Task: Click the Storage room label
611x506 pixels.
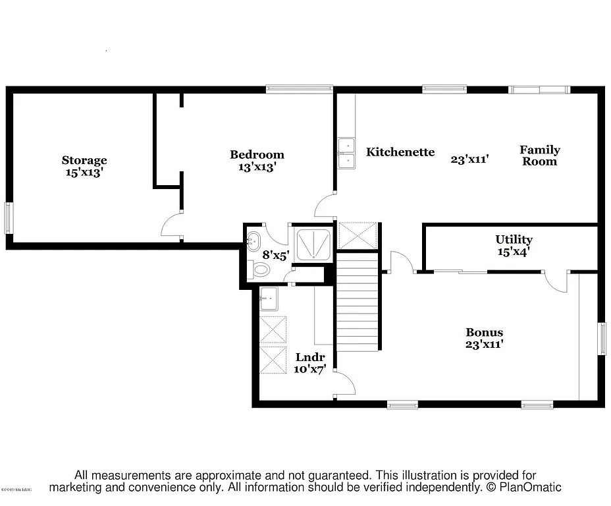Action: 84,160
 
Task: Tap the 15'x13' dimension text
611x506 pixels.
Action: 84,172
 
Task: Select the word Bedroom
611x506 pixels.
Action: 257,155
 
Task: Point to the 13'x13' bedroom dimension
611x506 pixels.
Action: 257,167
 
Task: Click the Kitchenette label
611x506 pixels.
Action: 400,152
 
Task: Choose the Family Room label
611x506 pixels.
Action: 539,155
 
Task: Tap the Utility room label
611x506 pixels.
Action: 514,240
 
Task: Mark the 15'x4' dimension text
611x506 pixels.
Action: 514,251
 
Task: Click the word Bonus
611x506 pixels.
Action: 484,332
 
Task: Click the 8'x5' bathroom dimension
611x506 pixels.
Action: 275,254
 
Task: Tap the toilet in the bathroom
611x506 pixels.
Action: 260,269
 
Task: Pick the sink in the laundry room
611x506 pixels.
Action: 269,300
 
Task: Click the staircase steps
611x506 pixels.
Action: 358,303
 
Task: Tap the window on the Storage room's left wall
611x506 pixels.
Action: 9,217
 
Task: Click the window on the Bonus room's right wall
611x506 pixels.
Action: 601,339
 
